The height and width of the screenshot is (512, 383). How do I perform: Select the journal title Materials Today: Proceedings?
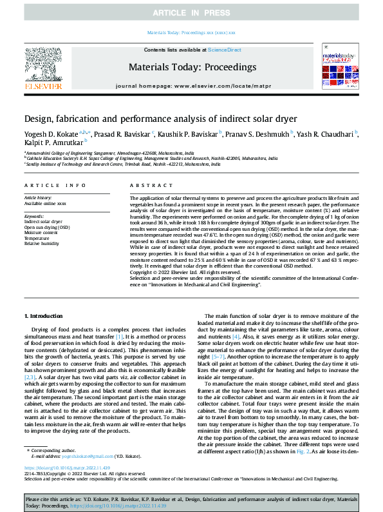tap(192, 66)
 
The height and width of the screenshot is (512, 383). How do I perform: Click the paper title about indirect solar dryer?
tap(152, 119)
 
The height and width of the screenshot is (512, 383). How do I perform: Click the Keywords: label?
tap(34, 216)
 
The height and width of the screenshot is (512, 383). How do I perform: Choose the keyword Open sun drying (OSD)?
tap(47, 227)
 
